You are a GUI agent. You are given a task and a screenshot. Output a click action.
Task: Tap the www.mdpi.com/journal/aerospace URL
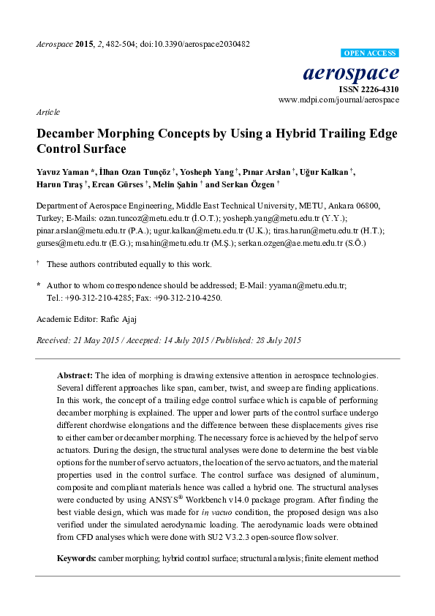click(338, 99)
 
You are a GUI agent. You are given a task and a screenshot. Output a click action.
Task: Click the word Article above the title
click(48, 113)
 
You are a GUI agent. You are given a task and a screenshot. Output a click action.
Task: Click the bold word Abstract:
click(75, 374)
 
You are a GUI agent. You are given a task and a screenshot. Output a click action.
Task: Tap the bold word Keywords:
click(77, 558)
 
